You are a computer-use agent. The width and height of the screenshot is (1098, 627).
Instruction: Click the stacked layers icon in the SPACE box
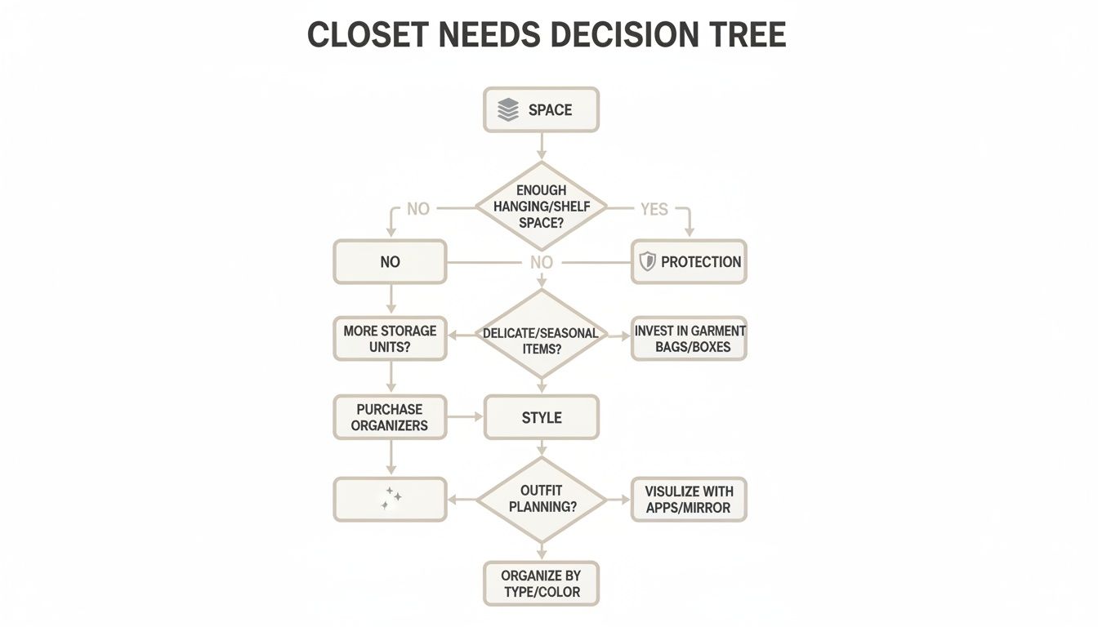click(x=508, y=110)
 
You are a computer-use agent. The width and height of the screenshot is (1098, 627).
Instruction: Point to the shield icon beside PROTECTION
click(x=647, y=262)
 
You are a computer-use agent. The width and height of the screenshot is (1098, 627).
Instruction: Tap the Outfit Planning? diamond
click(x=541, y=499)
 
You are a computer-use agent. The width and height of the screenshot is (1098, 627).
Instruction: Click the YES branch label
click(x=654, y=209)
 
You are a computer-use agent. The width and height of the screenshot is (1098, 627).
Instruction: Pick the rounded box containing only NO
click(x=390, y=262)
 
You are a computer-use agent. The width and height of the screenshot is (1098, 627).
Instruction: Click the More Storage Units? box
click(x=390, y=339)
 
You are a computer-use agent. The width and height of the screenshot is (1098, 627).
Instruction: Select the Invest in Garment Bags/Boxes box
click(x=689, y=339)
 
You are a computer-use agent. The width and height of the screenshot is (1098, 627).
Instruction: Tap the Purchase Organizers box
click(x=390, y=417)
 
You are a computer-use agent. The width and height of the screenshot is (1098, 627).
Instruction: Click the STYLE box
click(x=541, y=417)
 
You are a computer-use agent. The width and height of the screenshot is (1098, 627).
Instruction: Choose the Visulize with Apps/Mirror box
click(x=689, y=499)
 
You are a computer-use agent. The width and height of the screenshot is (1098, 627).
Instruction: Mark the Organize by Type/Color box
click(x=541, y=583)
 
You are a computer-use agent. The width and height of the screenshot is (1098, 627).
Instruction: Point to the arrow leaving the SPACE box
click(x=541, y=146)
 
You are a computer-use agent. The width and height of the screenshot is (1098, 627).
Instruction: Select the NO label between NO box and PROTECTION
click(x=541, y=262)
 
